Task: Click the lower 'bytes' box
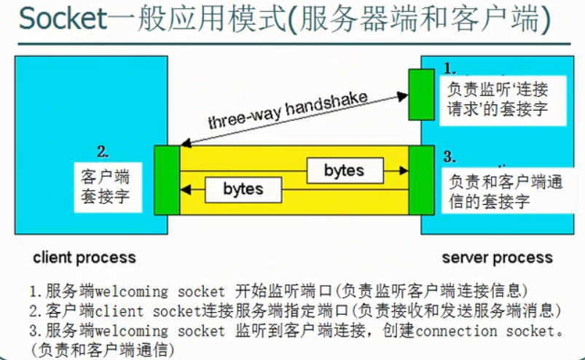243,189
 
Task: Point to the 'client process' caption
84,257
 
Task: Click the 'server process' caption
497,257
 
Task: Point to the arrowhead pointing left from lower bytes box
187,189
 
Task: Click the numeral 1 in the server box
449,68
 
